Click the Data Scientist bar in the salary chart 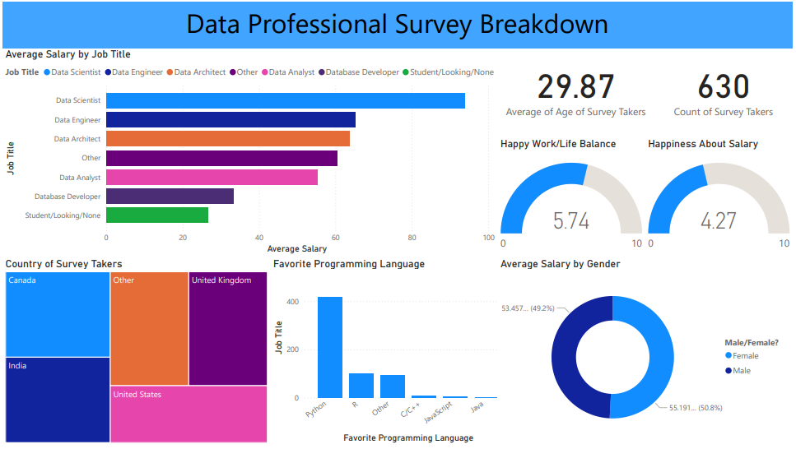[285, 100]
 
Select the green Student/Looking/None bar [156, 215]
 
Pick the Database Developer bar [170, 197]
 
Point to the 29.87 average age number [575, 87]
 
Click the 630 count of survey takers [723, 87]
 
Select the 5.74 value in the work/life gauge [571, 220]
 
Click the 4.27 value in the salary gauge [718, 220]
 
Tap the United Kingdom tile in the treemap [227, 329]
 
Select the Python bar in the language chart [330, 347]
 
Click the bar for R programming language [361, 386]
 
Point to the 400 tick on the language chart [292, 302]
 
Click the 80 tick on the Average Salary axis [412, 238]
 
